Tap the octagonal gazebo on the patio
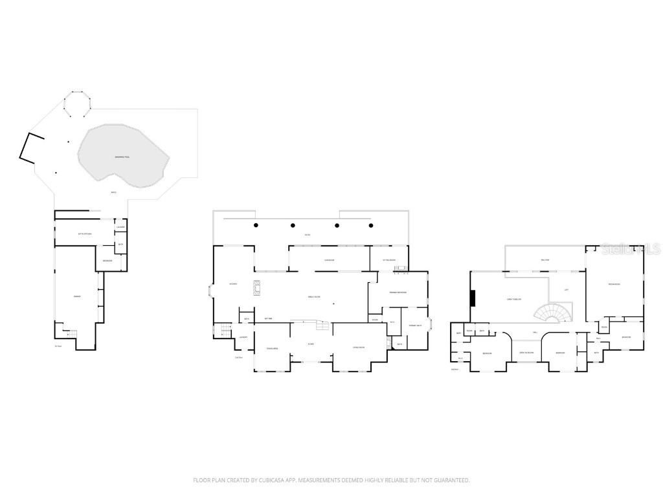(77, 104)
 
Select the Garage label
(77, 296)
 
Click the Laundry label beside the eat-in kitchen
(120, 227)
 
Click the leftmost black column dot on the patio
(256, 225)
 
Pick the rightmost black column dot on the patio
(371, 225)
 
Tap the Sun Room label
(329, 261)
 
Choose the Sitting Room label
(388, 261)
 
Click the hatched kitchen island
(256, 288)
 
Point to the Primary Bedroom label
(398, 293)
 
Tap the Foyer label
(311, 344)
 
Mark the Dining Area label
(272, 349)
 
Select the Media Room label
(614, 285)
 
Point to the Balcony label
(545, 260)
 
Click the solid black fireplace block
(473, 298)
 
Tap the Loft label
(567, 290)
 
